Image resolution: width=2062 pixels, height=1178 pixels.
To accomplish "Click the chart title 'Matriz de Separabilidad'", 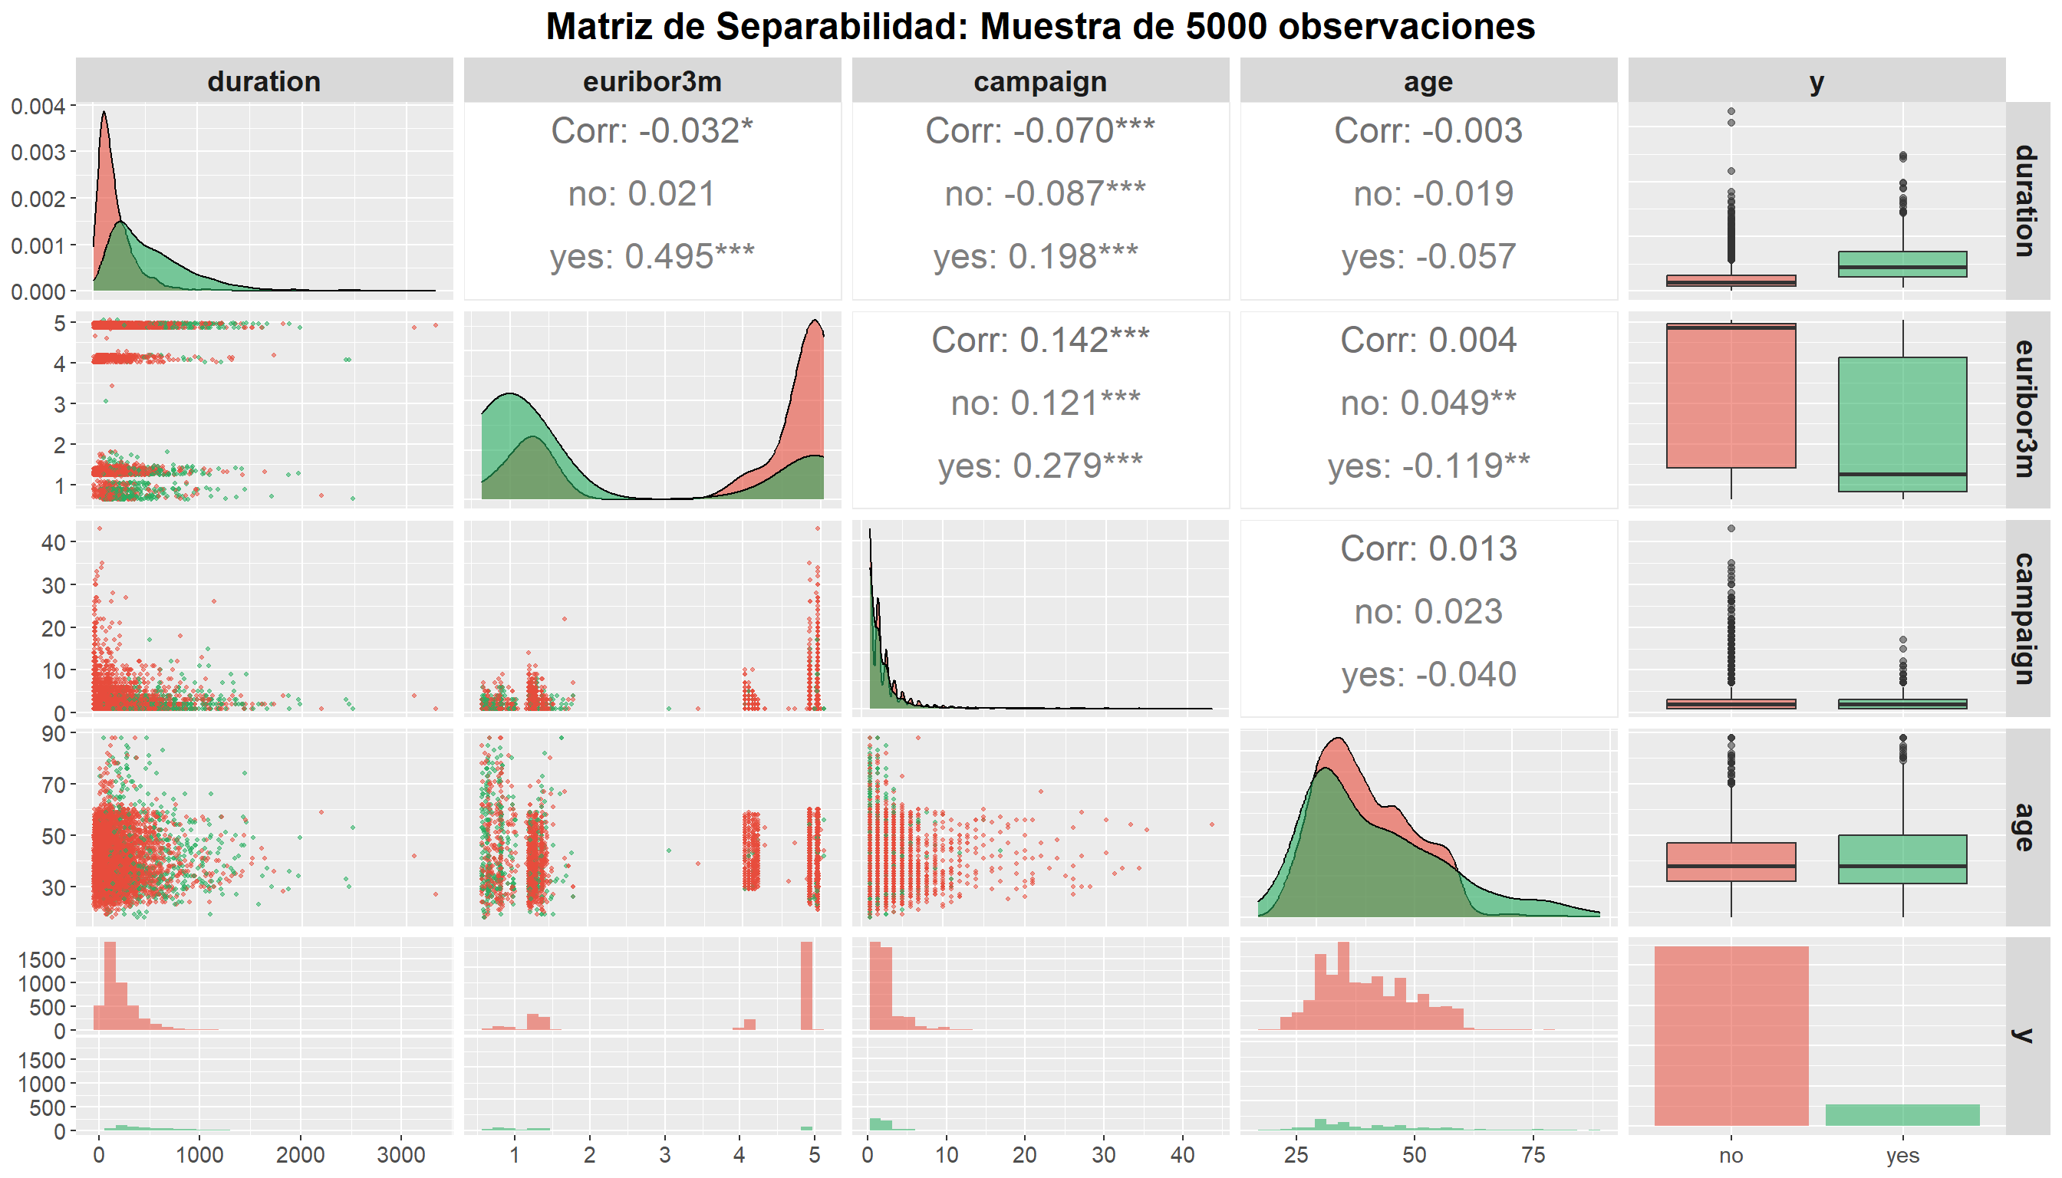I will click(1039, 27).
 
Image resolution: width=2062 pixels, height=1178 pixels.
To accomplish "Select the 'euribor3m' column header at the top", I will click(652, 82).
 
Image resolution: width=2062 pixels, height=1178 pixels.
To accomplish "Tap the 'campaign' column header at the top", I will click(1040, 82).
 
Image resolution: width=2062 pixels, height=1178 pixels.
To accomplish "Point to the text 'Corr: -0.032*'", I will click(652, 130).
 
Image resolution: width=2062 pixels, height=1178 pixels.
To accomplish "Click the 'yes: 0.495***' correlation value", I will click(652, 256).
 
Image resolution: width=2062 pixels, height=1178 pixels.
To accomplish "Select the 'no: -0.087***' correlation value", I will click(1045, 193).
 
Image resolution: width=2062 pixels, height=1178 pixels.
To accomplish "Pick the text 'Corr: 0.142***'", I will click(1040, 340).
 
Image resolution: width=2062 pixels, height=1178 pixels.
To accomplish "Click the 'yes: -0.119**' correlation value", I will click(1428, 466).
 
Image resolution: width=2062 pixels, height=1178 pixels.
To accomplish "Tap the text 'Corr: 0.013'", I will click(1428, 548).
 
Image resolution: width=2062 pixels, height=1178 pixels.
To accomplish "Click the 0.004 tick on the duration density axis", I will click(38, 106).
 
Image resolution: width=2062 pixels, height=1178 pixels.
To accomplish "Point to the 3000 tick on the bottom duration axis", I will click(401, 1154).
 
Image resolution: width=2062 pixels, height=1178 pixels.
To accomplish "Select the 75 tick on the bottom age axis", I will click(1533, 1154).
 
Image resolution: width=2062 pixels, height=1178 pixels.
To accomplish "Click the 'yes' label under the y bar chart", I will click(1902, 1154).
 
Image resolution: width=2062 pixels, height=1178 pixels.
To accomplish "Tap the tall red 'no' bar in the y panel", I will click(1731, 1035).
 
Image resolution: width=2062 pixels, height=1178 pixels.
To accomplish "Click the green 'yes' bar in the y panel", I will click(1902, 1115).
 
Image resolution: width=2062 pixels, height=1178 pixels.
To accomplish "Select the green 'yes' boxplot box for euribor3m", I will click(1902, 424).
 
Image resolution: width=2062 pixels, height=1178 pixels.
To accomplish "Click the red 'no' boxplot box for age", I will click(1731, 862).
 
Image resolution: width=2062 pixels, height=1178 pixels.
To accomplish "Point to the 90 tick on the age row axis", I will click(54, 734).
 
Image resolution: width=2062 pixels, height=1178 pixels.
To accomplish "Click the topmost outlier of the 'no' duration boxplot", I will click(1731, 112).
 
